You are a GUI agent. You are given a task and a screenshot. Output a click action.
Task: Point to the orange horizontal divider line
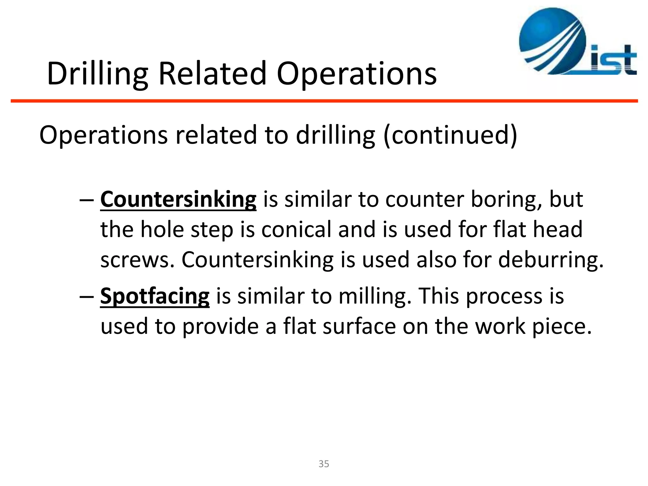pos(324,101)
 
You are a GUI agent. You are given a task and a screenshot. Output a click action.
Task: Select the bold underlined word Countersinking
pos(178,200)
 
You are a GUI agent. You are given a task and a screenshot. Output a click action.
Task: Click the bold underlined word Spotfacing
pos(155,296)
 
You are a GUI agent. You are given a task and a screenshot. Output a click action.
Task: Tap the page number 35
pos(324,464)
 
